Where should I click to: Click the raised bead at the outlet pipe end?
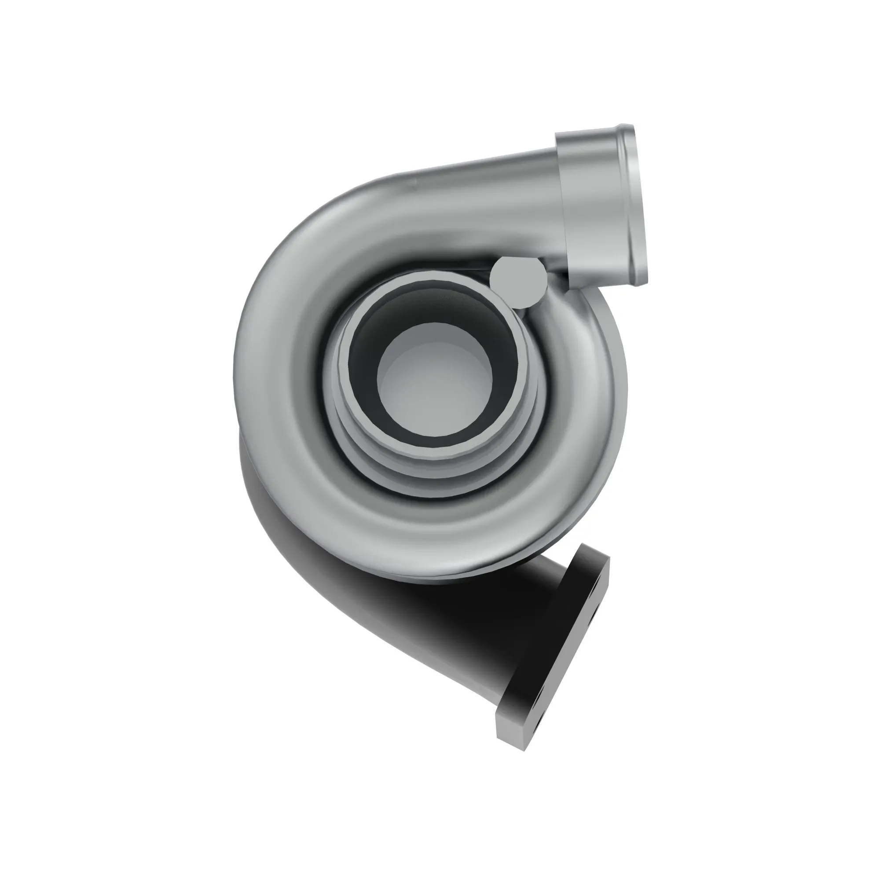[635, 205]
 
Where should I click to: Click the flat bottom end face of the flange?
[510, 738]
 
